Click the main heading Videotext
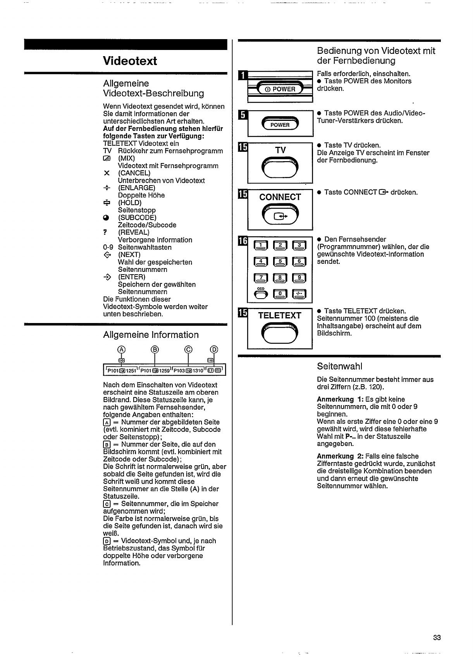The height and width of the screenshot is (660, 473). pyautogui.click(x=130, y=61)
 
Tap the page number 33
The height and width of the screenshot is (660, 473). pyautogui.click(x=437, y=638)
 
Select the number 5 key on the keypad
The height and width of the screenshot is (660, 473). pyautogui.click(x=280, y=262)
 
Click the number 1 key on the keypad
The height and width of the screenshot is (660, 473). pyautogui.click(x=261, y=246)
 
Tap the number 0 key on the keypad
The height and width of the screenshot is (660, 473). pyautogui.click(x=280, y=295)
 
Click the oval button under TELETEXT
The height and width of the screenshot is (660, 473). pyautogui.click(x=280, y=333)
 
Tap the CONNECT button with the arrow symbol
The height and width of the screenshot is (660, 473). pyautogui.click(x=280, y=215)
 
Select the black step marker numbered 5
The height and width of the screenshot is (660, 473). pyautogui.click(x=243, y=115)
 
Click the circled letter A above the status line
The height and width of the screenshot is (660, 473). pyautogui.click(x=121, y=349)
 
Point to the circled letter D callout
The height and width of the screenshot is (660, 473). pyautogui.click(x=213, y=349)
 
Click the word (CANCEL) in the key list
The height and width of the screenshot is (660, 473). pyautogui.click(x=134, y=173)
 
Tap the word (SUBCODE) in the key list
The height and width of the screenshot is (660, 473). pyautogui.click(x=137, y=218)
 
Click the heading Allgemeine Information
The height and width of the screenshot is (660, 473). pyautogui.click(x=151, y=335)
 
